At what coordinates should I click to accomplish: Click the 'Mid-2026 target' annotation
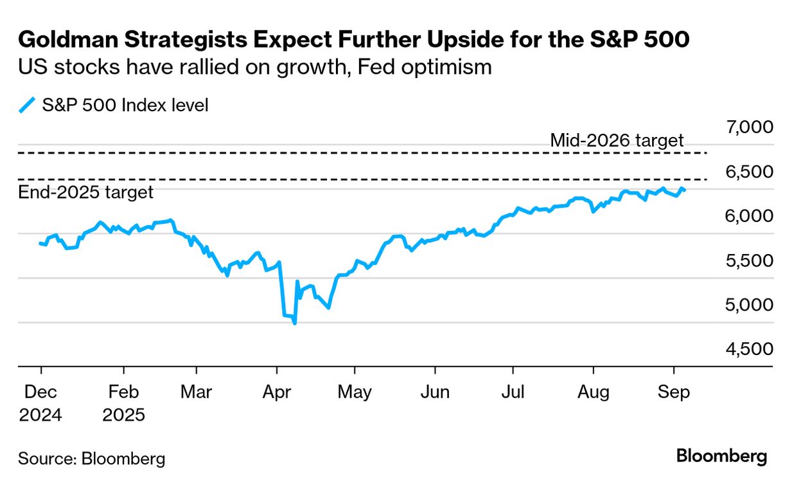617,140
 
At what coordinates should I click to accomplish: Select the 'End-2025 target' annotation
85,192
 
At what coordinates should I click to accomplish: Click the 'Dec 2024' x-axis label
40,403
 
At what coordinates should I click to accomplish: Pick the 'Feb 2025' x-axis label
123,403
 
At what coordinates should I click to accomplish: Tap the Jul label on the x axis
513,392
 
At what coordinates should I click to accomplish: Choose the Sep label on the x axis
673,392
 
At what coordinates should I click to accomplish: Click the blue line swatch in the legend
26,105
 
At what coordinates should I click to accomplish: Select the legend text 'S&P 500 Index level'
125,105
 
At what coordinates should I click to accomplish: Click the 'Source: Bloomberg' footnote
91,459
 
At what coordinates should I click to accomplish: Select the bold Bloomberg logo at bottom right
721,457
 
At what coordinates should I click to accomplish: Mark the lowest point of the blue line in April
295,323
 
